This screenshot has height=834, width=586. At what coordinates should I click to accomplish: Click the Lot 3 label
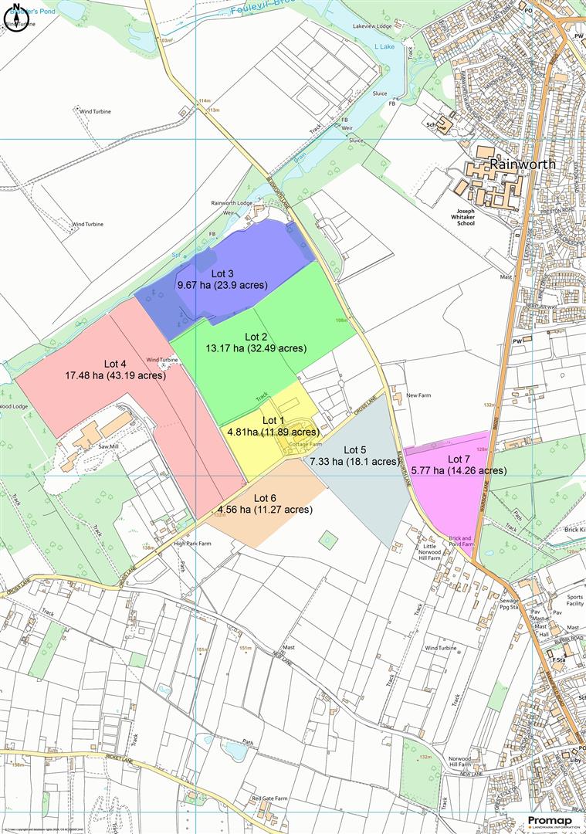point(222,273)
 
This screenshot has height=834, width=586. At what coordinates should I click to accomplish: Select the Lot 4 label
point(115,364)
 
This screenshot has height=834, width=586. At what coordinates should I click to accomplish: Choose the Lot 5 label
point(355,449)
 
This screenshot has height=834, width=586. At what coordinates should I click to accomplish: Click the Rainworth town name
point(522,164)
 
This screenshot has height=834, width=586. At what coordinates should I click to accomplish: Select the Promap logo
point(554,822)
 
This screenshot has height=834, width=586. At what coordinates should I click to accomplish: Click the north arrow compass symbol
point(16,14)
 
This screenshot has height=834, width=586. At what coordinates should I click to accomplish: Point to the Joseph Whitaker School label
point(476,217)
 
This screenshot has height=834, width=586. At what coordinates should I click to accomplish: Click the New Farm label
point(418,395)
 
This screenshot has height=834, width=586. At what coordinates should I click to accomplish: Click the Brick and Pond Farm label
point(462,541)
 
